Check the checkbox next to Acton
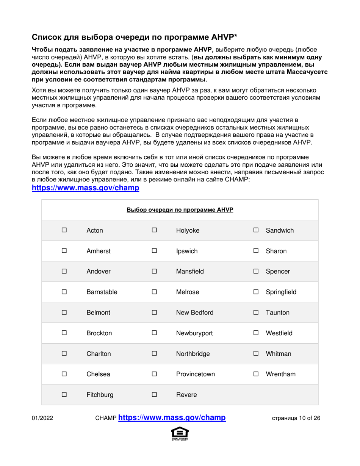(x=64, y=230)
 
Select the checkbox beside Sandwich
(x=256, y=230)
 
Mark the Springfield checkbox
(x=256, y=292)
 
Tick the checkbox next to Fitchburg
(x=64, y=395)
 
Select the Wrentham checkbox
(x=256, y=374)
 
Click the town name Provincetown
(x=196, y=374)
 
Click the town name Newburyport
(x=194, y=333)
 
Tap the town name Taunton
(x=277, y=313)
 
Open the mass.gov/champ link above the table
(x=85, y=188)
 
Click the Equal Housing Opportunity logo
(x=180, y=434)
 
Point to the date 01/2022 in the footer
(x=42, y=419)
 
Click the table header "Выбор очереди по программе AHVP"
(x=180, y=210)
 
